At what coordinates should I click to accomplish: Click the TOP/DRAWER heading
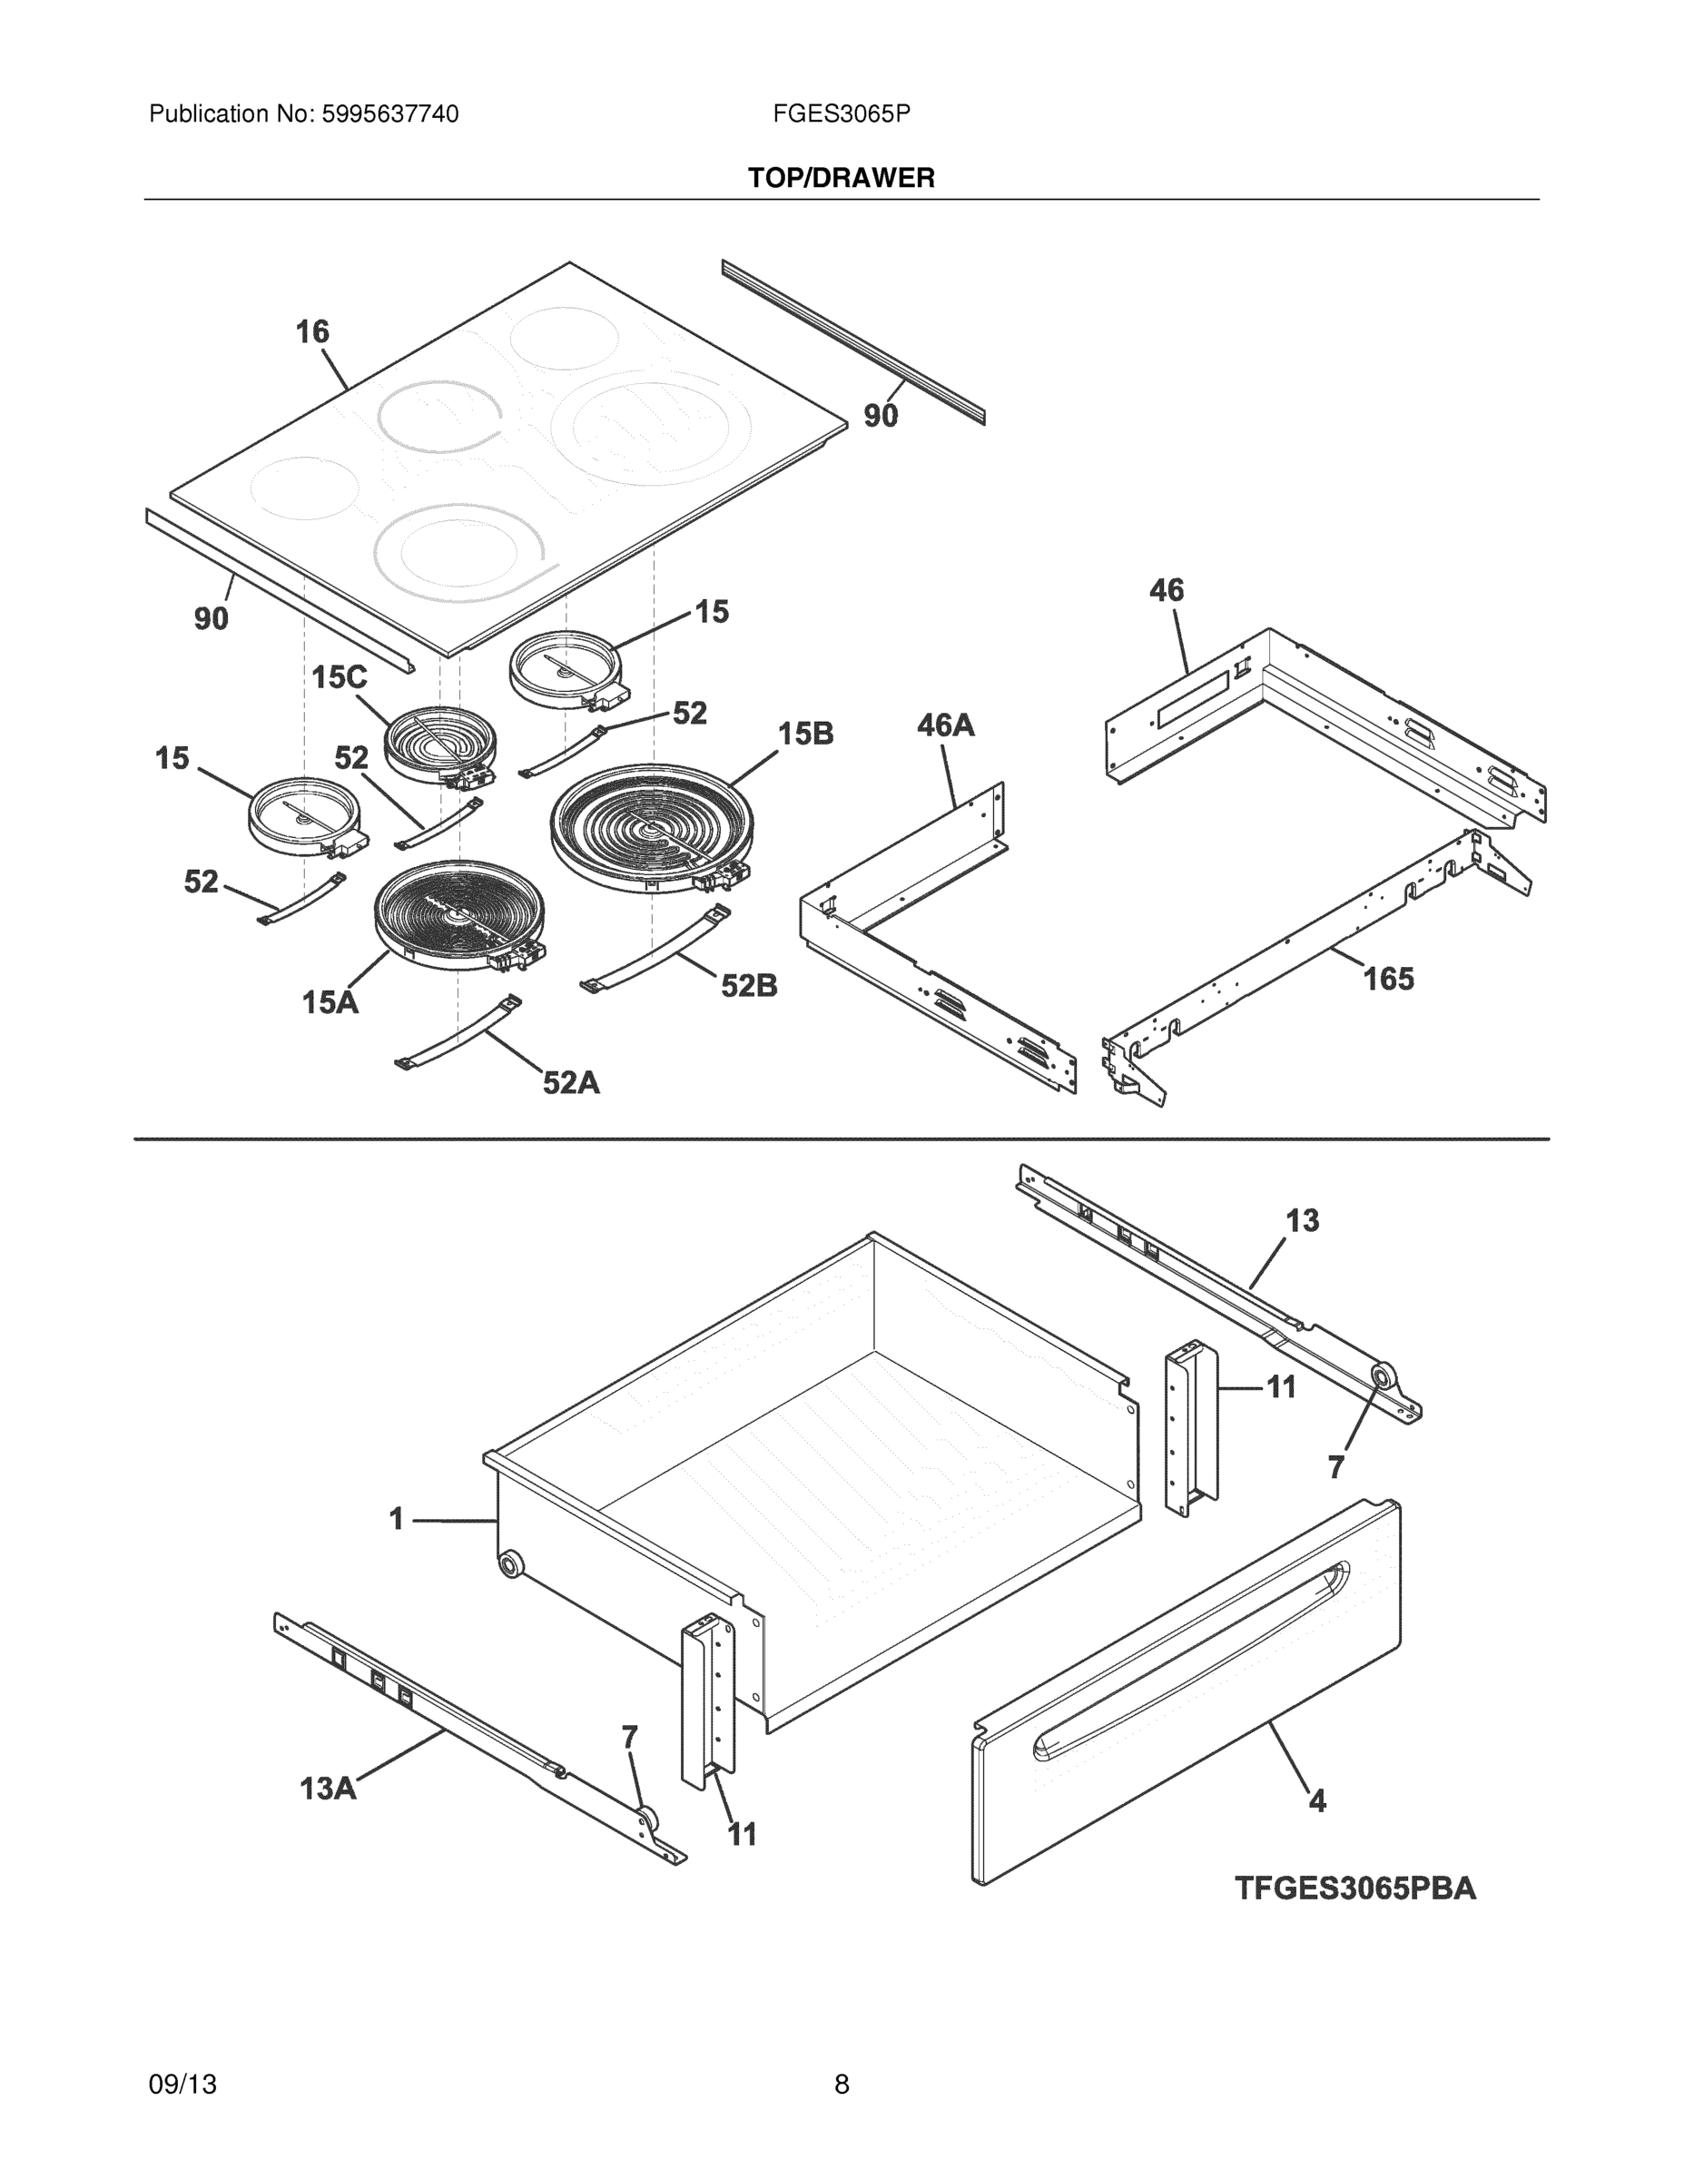click(x=841, y=178)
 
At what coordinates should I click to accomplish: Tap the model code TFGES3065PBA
click(x=1354, y=1888)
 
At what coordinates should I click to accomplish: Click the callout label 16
click(x=312, y=331)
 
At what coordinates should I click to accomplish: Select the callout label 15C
click(x=340, y=677)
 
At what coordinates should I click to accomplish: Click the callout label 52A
click(x=571, y=1082)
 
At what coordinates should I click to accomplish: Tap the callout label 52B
click(x=749, y=986)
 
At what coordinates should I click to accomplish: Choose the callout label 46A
click(x=946, y=725)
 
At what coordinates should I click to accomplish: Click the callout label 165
click(x=1389, y=979)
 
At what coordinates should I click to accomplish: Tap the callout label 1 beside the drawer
click(x=396, y=1520)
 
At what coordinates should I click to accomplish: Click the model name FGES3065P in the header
click(x=840, y=114)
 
